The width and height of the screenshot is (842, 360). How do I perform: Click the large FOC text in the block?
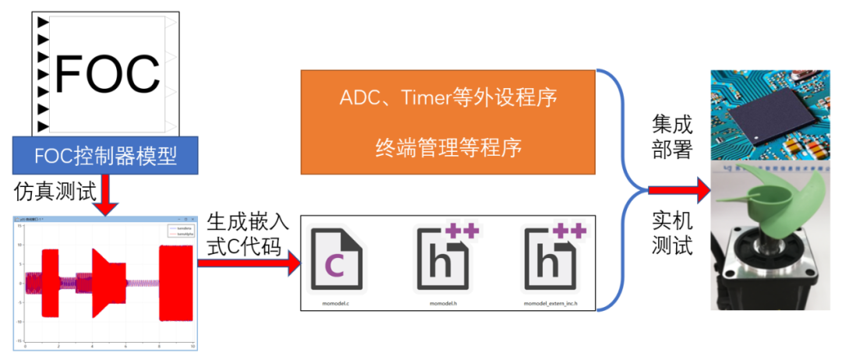coord(107,74)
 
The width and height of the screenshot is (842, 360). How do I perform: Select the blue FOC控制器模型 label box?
coord(106,156)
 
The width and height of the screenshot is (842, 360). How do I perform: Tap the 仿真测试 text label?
coord(49,190)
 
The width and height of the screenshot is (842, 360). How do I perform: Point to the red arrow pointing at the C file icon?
coord(249,263)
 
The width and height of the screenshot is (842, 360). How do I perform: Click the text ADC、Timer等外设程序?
coord(448,99)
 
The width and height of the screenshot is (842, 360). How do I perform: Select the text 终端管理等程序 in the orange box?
coord(448,146)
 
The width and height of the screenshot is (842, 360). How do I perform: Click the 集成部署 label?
coord(671,136)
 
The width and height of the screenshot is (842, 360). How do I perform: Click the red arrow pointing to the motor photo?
coord(678,189)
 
